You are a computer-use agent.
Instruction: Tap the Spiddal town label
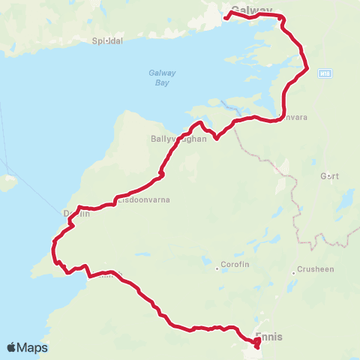pos(106,40)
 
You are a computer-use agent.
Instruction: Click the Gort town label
pos(330,176)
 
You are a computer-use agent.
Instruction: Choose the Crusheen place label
pos(315,268)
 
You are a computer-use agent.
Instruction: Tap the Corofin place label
pos(232,265)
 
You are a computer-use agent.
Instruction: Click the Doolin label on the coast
pos(76,214)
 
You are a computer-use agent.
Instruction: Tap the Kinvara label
pos(292,117)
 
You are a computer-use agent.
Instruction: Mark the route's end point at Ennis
pos(257,345)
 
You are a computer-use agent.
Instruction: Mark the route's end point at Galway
pos(226,16)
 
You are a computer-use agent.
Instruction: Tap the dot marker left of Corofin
pos(217,265)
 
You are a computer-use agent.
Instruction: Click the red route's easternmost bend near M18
pos(307,69)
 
